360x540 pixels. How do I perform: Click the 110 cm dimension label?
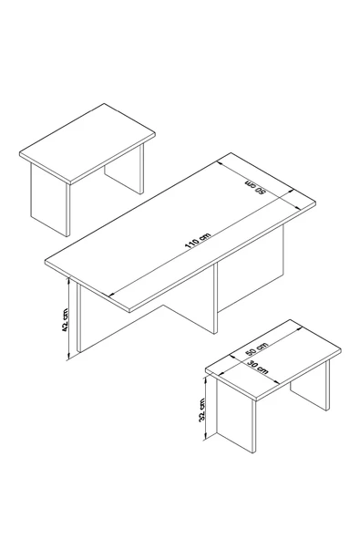coord(198,241)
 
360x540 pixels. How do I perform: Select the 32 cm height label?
coord(201,410)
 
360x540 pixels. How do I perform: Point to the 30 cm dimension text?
coord(257,367)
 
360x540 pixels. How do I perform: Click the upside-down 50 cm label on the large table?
coord(255,187)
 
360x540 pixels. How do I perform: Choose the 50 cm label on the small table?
coord(256,349)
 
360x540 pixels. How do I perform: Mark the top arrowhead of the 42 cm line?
coord(69,280)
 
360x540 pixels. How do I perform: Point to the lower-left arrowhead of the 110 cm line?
coord(111,295)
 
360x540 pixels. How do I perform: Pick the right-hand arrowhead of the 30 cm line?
coord(276,382)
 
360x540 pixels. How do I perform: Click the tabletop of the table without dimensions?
coord(87,142)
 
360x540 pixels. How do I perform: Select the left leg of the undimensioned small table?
coord(50,200)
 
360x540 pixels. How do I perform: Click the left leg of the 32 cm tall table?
coord(236,415)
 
